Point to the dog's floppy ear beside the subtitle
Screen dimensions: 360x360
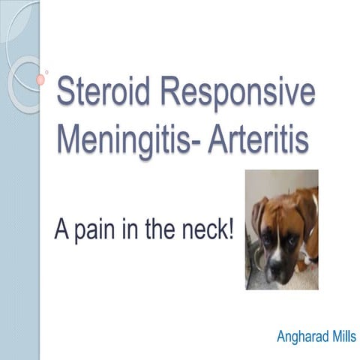coord(259,217)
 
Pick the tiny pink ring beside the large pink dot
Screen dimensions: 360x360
coord(47,73)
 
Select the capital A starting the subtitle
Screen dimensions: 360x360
coord(61,226)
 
